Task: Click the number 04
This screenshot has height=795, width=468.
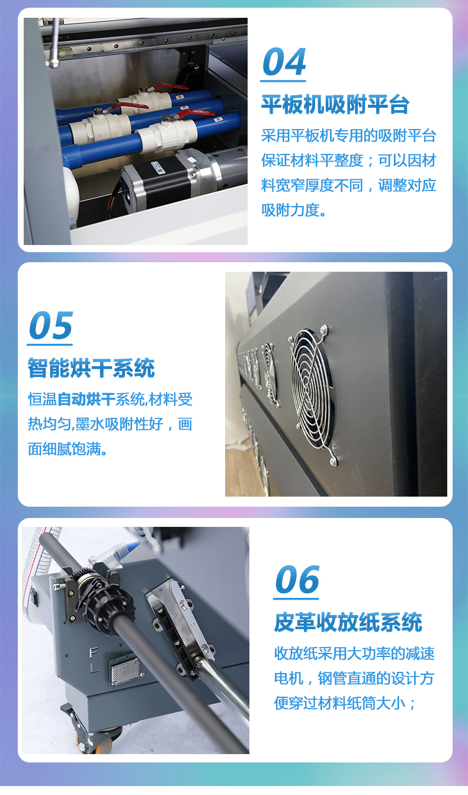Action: [x=284, y=62]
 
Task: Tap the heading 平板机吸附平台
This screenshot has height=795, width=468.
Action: [x=335, y=105]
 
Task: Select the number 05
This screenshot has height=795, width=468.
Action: [x=50, y=326]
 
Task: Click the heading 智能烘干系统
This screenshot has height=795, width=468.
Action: [x=91, y=368]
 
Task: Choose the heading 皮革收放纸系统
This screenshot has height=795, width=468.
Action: [x=348, y=622]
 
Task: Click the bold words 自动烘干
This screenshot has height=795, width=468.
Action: [x=86, y=400]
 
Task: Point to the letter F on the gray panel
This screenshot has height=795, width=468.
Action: [x=93, y=652]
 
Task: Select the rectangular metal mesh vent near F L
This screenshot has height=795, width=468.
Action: [x=126, y=671]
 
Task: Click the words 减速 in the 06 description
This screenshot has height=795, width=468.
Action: [x=420, y=653]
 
